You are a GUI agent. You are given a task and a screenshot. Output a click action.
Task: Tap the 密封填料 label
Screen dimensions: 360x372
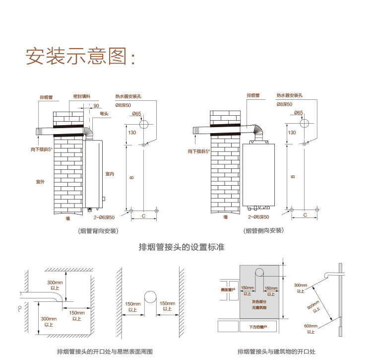click(81, 95)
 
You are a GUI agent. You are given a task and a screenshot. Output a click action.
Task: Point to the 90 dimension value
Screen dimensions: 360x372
click(96, 106)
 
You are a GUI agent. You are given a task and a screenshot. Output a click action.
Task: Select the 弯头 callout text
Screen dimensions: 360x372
click(104, 114)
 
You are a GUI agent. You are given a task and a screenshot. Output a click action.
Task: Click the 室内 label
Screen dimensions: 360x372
click(110, 174)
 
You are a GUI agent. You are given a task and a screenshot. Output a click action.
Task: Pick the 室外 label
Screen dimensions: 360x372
click(41, 182)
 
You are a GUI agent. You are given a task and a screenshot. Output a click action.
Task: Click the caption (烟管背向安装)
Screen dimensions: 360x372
click(98, 230)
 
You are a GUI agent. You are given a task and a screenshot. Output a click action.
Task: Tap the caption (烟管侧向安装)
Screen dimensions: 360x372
click(263, 230)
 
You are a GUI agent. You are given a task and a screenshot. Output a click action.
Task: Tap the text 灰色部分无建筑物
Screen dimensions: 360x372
click(258, 304)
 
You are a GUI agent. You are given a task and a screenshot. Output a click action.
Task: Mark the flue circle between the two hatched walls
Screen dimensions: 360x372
click(150, 298)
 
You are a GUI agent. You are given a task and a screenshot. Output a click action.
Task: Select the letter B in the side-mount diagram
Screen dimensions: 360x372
click(293, 176)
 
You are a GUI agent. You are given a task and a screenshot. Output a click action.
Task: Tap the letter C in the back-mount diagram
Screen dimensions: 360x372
click(143, 216)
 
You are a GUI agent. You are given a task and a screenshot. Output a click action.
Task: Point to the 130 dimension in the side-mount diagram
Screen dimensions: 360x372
click(292, 133)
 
